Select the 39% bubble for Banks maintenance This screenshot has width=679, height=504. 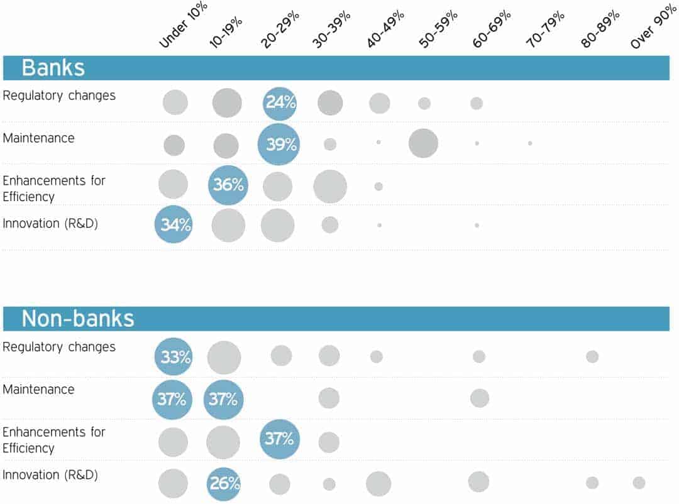click(x=278, y=145)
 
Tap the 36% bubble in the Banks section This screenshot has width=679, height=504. click(x=228, y=185)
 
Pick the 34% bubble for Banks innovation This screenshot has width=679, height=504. click(x=173, y=224)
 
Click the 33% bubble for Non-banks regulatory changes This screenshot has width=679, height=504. click(x=173, y=357)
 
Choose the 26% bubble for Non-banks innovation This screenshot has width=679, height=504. click(x=223, y=484)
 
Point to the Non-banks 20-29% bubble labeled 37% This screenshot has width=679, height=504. click(x=279, y=439)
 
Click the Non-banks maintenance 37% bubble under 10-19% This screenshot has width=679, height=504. click(x=223, y=399)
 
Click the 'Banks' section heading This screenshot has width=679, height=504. click(x=53, y=68)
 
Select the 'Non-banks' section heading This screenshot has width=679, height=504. click(x=78, y=319)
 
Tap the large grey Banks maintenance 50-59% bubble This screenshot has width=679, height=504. click(x=423, y=143)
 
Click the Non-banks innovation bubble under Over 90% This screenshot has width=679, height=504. click(x=639, y=483)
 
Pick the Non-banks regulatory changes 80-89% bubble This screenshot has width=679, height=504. click(x=592, y=356)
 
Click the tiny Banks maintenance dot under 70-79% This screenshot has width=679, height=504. click(x=530, y=143)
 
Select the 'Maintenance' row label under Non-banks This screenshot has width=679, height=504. click(x=38, y=390)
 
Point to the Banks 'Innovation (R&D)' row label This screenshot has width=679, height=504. click(x=50, y=223)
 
